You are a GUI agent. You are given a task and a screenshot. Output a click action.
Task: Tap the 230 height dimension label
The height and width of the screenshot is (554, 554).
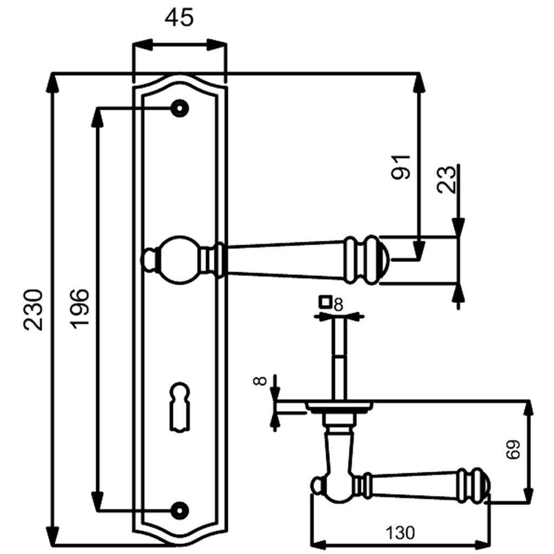point(33,309)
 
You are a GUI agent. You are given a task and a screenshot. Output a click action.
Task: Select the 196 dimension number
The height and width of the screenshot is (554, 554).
point(80,308)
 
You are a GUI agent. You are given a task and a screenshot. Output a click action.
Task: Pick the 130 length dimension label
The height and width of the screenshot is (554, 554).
point(400,533)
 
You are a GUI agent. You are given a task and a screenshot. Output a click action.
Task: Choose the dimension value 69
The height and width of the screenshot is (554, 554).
point(513,449)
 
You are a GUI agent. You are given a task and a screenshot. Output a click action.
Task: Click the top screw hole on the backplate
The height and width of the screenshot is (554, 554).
point(179,108)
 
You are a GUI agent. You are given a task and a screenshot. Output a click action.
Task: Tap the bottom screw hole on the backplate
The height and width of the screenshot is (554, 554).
point(179,509)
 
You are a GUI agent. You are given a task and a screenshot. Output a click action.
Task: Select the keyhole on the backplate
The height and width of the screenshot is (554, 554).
point(179,406)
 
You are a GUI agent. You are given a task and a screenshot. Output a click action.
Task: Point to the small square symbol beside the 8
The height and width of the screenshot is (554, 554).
point(325,301)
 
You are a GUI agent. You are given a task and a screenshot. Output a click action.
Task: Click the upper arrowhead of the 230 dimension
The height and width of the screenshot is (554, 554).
point(52,83)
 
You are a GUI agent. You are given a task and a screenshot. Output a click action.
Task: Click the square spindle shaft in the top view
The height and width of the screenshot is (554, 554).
point(339,357)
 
